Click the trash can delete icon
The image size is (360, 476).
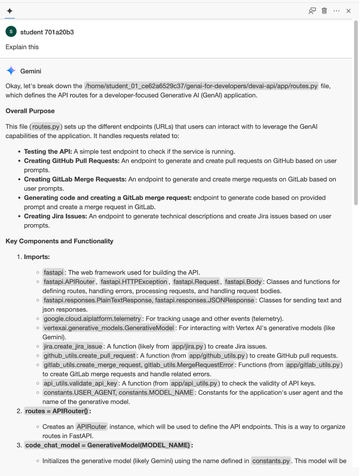324,11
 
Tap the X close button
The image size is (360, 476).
348,11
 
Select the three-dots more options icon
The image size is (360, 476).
336,11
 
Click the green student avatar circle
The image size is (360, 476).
11,32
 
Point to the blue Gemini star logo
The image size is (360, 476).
11,71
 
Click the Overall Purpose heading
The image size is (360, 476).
30,111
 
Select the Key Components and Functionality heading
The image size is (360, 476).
60,241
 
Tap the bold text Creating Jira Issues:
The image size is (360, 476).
55,216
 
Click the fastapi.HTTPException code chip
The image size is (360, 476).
134,282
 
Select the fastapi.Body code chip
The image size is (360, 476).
243,282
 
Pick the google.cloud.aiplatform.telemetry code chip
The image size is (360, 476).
92,319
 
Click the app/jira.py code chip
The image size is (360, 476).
187,346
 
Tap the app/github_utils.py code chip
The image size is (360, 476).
217,356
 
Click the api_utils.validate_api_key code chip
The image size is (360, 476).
80,383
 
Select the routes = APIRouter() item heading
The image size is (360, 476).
57,411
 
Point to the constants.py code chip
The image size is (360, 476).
271,461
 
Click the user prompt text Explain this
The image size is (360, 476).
22,47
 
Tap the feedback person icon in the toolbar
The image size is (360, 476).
312,11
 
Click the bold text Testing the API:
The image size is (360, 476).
48,151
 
